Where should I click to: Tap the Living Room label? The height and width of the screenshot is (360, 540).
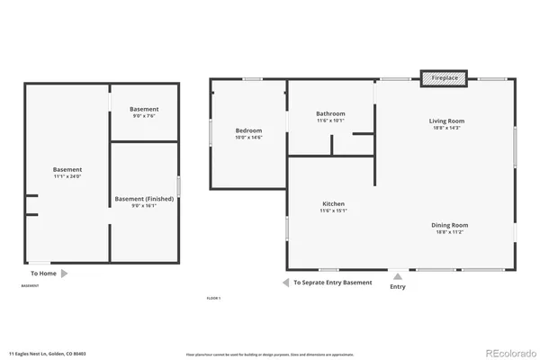pyautogui.click(x=445, y=120)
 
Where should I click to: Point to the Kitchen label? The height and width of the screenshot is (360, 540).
pyautogui.click(x=333, y=204)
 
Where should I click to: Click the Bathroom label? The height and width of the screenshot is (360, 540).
pyautogui.click(x=330, y=113)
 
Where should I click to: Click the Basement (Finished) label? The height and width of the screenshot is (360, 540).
pyautogui.click(x=144, y=198)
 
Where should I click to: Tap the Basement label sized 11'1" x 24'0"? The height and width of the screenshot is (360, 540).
pyautogui.click(x=67, y=169)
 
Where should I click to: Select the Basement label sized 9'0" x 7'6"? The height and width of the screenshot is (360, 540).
pyautogui.click(x=144, y=109)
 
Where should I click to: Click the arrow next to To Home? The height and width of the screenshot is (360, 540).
pyautogui.click(x=64, y=273)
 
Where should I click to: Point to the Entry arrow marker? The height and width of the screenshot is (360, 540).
pyautogui.click(x=397, y=275)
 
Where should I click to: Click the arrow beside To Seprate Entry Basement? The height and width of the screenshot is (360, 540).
pyautogui.click(x=285, y=283)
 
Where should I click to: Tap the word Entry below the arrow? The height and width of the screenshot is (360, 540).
pyautogui.click(x=397, y=287)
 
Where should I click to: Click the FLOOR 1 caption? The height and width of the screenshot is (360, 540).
pyautogui.click(x=213, y=298)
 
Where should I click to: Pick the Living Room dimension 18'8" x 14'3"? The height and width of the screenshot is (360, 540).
pyautogui.click(x=445, y=128)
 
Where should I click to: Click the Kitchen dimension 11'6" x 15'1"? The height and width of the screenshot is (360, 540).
pyautogui.click(x=333, y=211)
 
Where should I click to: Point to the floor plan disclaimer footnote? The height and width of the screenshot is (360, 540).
pyautogui.click(x=269, y=355)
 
